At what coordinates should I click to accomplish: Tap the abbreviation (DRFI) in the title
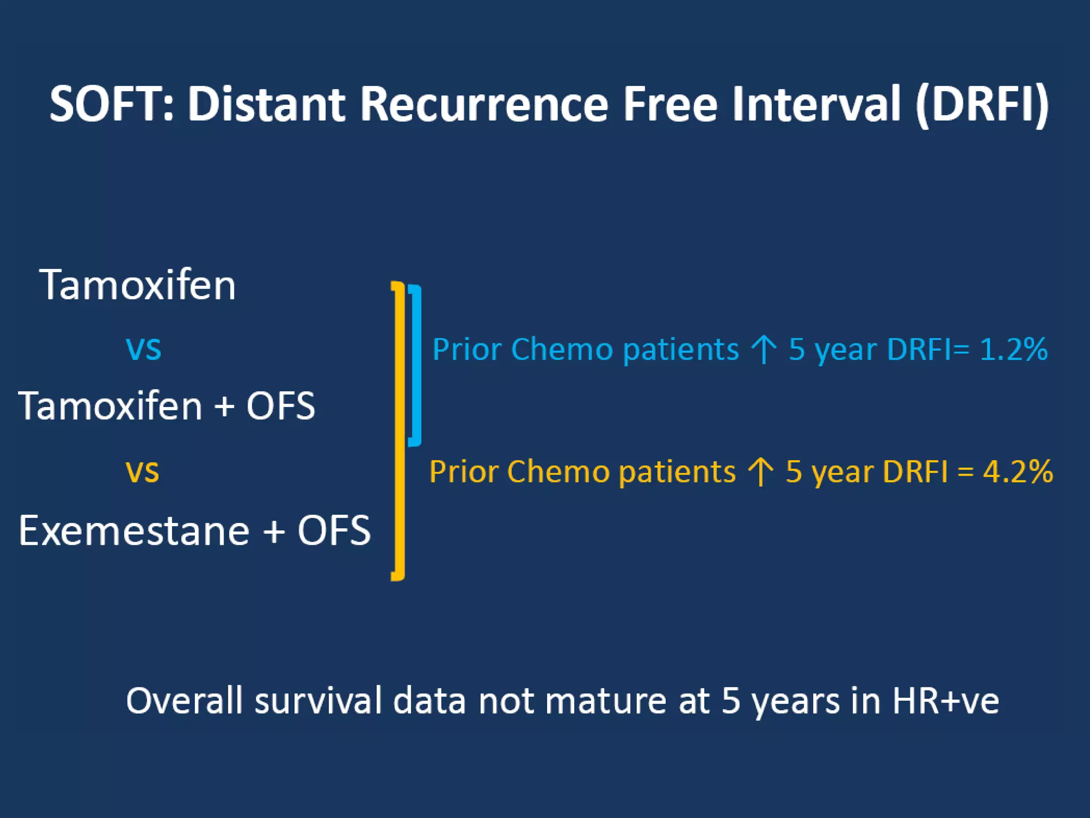click(x=982, y=104)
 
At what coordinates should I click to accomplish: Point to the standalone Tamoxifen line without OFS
click(x=137, y=285)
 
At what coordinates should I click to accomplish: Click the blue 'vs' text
click(x=143, y=349)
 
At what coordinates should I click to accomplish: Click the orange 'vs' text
click(x=142, y=471)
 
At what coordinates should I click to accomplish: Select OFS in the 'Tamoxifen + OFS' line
click(x=280, y=406)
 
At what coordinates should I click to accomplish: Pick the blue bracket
click(x=416, y=365)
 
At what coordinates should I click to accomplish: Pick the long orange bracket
click(x=399, y=430)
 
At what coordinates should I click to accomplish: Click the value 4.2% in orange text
click(x=1017, y=472)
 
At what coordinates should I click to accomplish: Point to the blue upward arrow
click(x=764, y=349)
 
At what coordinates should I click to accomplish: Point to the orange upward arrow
click(x=761, y=472)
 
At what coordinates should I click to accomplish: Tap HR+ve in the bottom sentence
click(x=945, y=701)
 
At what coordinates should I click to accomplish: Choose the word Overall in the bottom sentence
click(x=184, y=701)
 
